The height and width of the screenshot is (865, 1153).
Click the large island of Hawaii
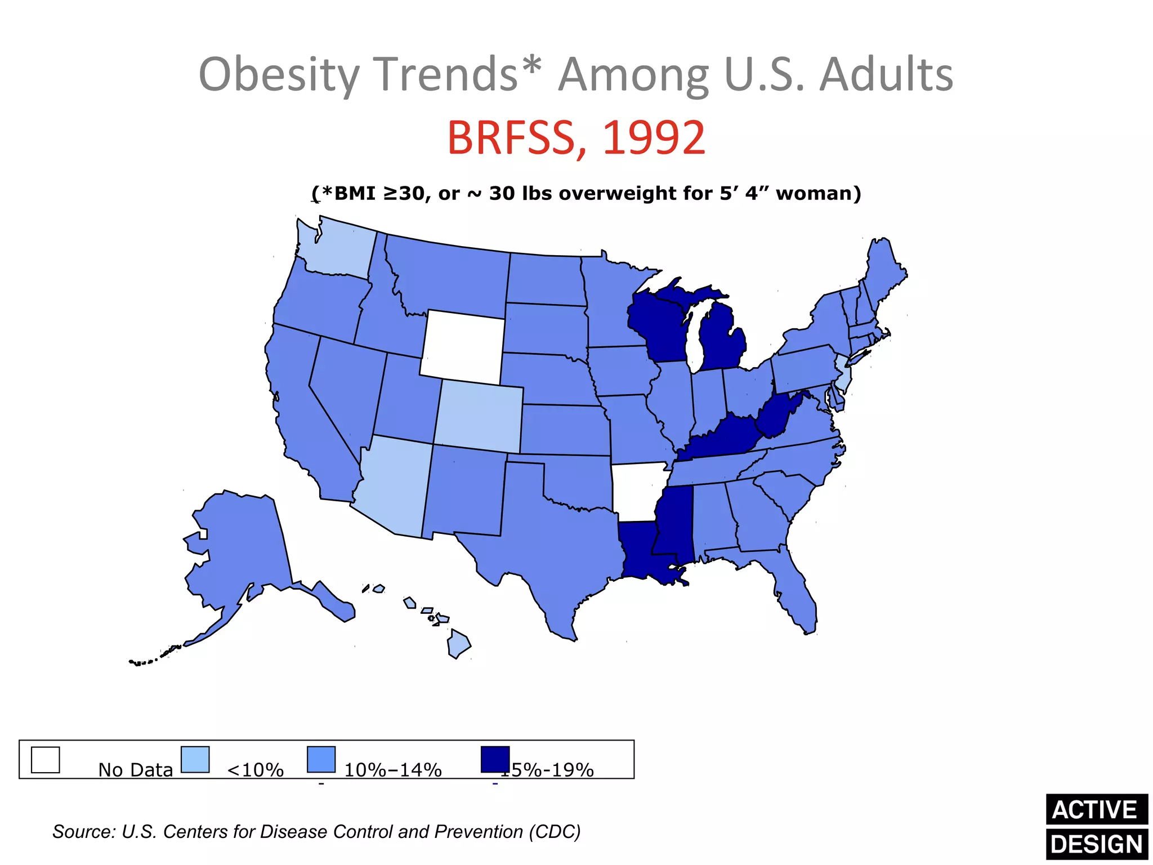[458, 645]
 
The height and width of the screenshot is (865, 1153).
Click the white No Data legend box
[45, 760]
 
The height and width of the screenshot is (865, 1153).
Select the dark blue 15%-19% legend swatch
[495, 759]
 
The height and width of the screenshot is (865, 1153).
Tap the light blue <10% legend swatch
[195, 760]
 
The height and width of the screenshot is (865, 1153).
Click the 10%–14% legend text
[392, 770]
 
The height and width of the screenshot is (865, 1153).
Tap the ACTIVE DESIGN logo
[1096, 827]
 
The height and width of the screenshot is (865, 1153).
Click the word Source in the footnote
[83, 832]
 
